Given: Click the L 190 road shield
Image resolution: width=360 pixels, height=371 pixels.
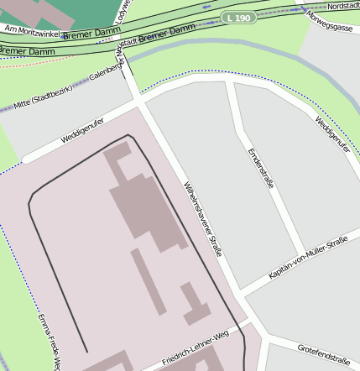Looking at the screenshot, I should click(238, 18).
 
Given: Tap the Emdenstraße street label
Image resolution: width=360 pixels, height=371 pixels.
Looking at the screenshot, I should click(261, 169).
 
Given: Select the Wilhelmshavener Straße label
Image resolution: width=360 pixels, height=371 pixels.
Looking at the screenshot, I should click(203, 220).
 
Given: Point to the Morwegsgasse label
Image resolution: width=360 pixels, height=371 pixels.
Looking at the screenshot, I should click(331, 19).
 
